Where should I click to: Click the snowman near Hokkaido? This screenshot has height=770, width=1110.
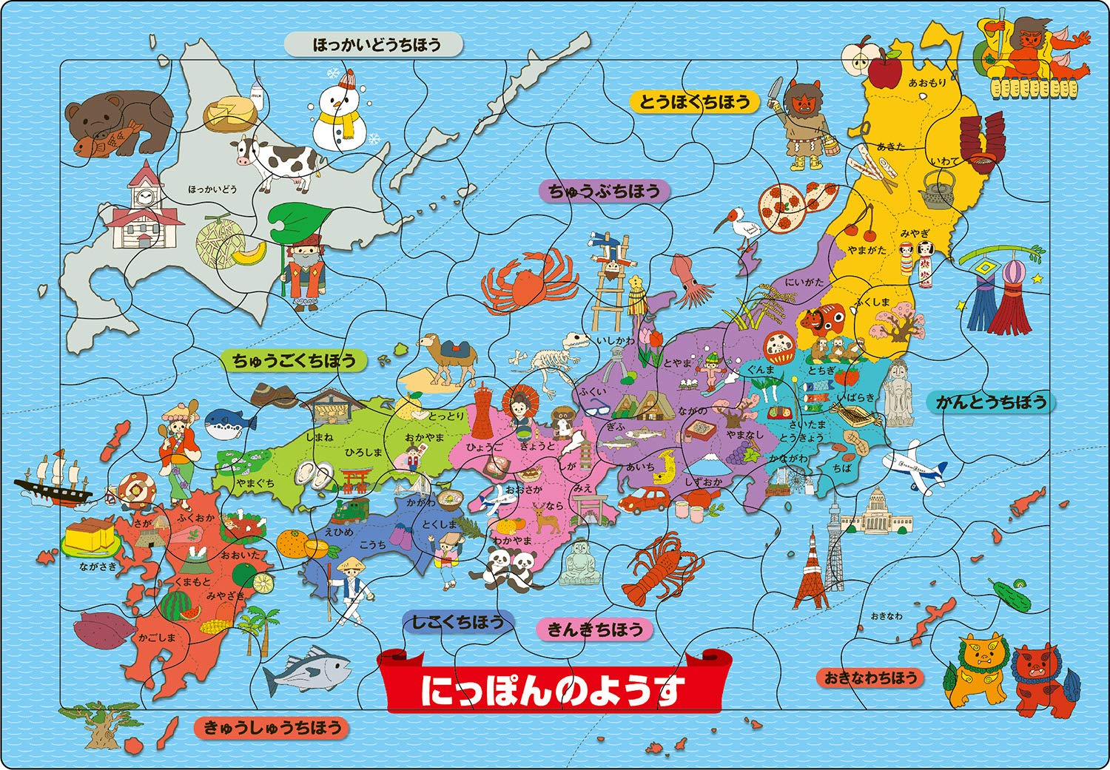tap(340, 111)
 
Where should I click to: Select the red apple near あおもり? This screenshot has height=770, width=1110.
tap(884, 71)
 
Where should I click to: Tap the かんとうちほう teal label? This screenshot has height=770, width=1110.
tap(991, 402)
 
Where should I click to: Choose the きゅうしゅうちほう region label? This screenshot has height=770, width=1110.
tap(272, 727)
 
